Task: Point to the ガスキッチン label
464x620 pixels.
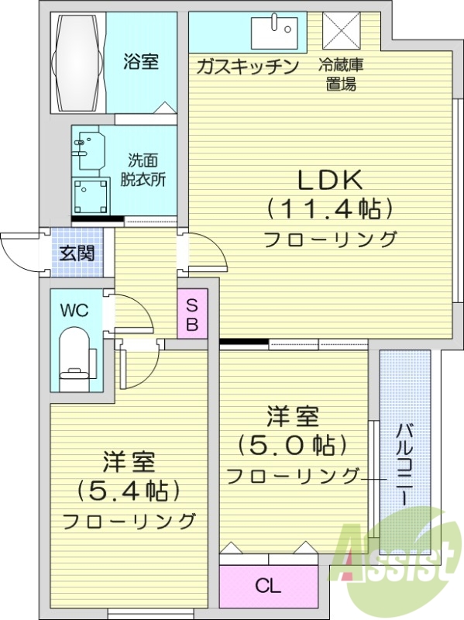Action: (247, 67)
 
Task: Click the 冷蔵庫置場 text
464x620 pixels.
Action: (340, 74)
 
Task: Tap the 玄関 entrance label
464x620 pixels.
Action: (77, 253)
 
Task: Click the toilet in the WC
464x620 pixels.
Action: (77, 356)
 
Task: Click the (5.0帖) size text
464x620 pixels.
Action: (293, 446)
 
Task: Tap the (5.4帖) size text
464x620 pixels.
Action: (129, 490)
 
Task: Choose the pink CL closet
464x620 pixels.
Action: (269, 586)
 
